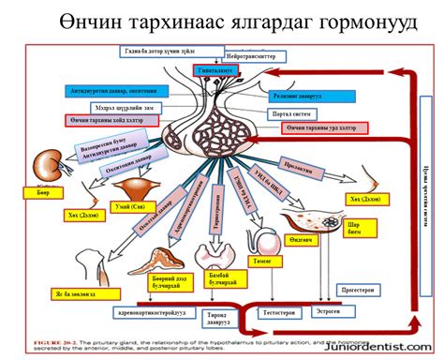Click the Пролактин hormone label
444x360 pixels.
point(299,165)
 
